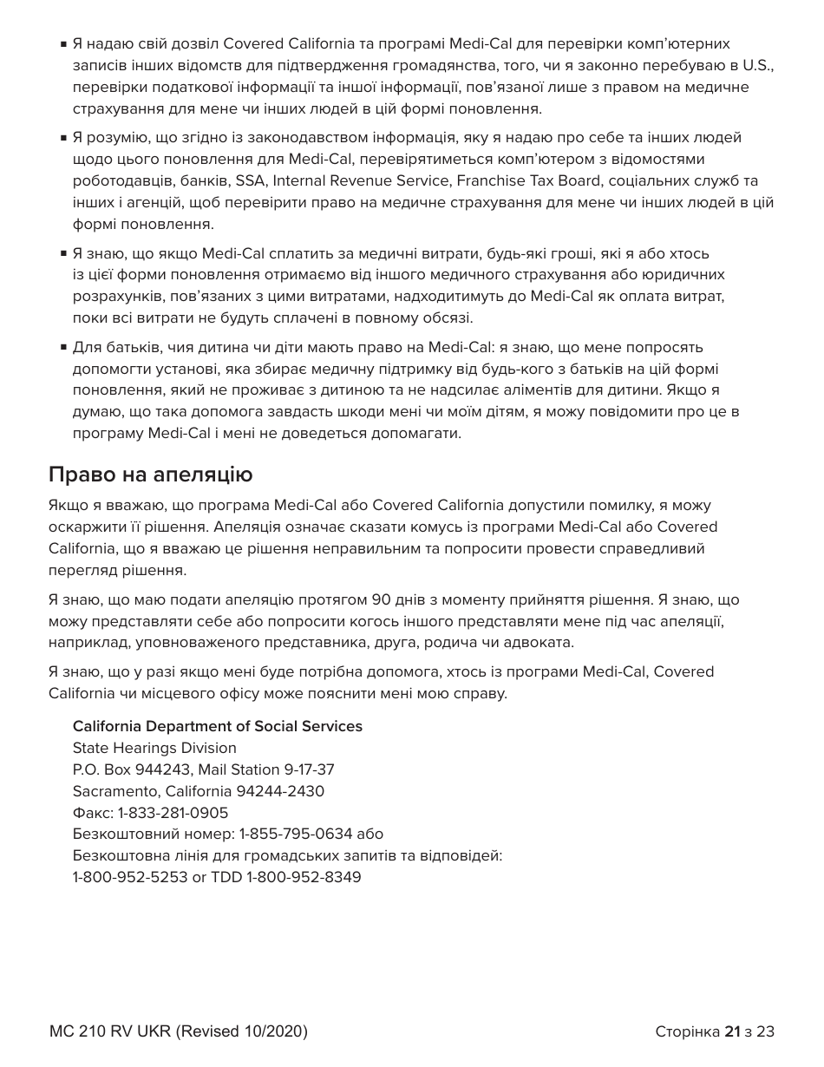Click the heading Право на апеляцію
tap(150, 475)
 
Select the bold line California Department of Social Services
tap(217, 726)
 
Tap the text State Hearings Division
tap(154, 748)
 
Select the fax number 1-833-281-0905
tap(173, 813)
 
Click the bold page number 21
tap(732, 1031)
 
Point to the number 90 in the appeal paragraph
tap(380, 599)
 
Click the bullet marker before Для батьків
tap(64, 348)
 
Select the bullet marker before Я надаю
tap(64, 44)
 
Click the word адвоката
tap(543, 643)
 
